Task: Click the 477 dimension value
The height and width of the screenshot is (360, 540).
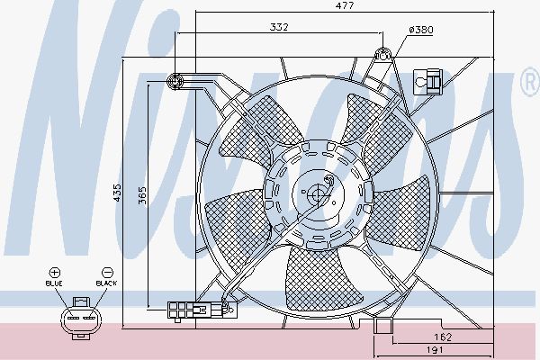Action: tap(344, 5)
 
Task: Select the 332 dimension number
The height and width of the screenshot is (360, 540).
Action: tap(279, 27)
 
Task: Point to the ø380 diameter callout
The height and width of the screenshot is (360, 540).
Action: tap(421, 30)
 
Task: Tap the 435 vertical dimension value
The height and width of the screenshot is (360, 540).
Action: tap(117, 193)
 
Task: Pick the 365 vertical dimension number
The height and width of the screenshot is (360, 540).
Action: tap(142, 195)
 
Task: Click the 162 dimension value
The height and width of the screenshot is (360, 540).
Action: tap(443, 337)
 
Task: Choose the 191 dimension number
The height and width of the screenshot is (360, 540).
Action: tap(435, 350)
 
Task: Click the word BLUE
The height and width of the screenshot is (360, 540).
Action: tap(54, 283)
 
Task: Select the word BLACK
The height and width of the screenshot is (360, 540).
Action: tap(106, 283)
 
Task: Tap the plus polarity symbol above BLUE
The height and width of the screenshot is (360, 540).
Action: tap(54, 273)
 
